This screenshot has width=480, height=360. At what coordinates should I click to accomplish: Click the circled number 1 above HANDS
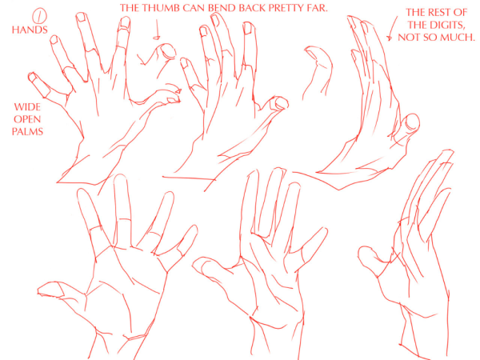(39, 16)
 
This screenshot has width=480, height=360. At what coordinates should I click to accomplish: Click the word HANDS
(30, 30)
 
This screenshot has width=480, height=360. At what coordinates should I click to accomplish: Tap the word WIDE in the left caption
(27, 107)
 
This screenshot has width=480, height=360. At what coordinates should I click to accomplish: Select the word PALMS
(27, 132)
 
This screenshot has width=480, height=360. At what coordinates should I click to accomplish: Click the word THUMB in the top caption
(162, 8)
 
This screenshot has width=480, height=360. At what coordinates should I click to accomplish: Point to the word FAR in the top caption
(318, 8)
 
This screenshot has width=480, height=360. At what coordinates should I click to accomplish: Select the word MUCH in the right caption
(459, 38)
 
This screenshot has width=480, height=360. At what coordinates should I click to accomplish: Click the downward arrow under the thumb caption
(157, 30)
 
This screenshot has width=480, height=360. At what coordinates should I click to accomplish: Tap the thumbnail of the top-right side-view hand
(412, 122)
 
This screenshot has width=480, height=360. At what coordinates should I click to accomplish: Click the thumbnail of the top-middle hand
(282, 103)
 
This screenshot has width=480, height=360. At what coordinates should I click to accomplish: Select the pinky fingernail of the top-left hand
(32, 77)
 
